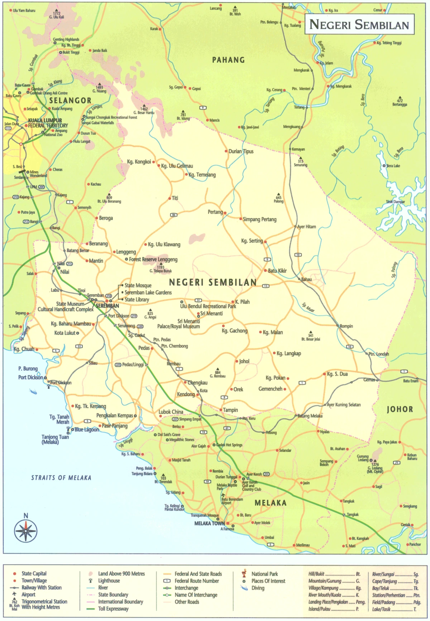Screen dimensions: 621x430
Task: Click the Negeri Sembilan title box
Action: coord(359,24)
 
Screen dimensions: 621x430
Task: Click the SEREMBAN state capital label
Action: coord(107,306)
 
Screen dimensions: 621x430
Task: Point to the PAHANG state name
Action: coord(228,60)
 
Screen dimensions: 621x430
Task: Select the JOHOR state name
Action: coord(400,409)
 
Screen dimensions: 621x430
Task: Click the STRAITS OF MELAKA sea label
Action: coord(61,478)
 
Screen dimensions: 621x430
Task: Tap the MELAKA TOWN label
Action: coord(209,523)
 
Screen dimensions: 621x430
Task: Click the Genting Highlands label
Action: coord(66,39)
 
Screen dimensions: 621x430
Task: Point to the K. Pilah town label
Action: coord(242,302)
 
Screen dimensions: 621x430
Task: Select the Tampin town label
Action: coord(230,410)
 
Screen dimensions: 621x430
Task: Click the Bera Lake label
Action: coord(393,166)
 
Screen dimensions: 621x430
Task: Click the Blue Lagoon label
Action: coord(86,430)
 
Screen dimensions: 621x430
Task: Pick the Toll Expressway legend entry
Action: coord(113,608)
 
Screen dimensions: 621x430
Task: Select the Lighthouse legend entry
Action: coord(109,580)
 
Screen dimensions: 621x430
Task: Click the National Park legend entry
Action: coord(264,574)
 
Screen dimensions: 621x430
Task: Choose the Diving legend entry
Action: coord(258,588)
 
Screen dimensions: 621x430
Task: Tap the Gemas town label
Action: coord(369,380)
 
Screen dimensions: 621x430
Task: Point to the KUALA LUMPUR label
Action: coord(45,120)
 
